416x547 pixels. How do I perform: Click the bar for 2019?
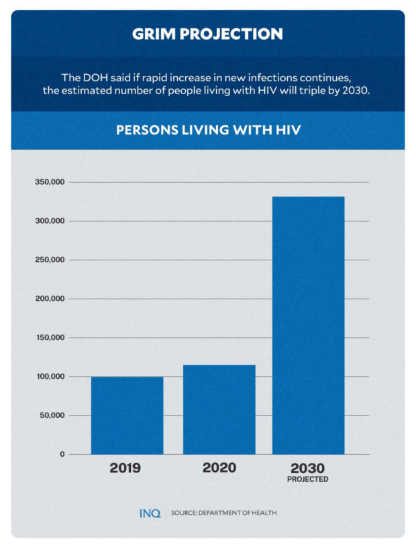127,415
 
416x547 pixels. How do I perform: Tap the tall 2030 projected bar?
308,325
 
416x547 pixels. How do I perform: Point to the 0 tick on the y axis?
61,454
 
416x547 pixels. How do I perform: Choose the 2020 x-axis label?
219,468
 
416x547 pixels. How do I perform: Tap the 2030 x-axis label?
308,468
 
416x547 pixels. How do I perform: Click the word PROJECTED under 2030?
308,479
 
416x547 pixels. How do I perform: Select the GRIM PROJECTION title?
207,34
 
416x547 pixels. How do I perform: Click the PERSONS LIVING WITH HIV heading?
207,130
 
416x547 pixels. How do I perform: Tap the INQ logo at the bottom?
150,513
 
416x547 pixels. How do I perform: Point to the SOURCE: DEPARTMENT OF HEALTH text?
223,513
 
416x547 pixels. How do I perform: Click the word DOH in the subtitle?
92,78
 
